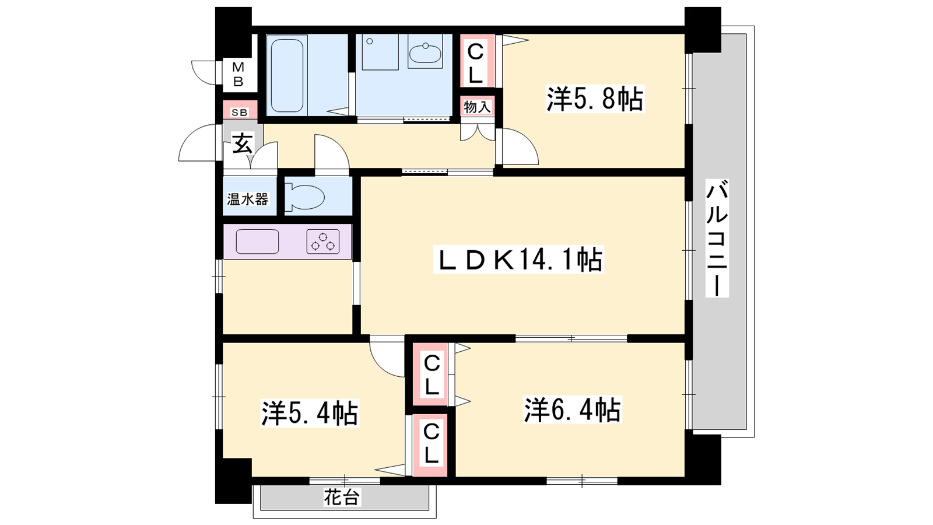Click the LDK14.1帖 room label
click(518, 260)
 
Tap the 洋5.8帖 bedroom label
click(595, 99)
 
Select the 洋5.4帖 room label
click(310, 413)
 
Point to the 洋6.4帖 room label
click(573, 410)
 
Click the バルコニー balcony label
click(717, 238)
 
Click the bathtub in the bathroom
click(287, 75)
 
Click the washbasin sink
click(425, 53)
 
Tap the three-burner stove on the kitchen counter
click(323, 242)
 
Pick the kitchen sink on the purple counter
click(257, 242)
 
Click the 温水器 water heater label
click(247, 199)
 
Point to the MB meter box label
click(238, 74)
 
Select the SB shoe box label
click(240, 113)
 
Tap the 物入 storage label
click(477, 107)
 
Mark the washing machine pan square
click(380, 52)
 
